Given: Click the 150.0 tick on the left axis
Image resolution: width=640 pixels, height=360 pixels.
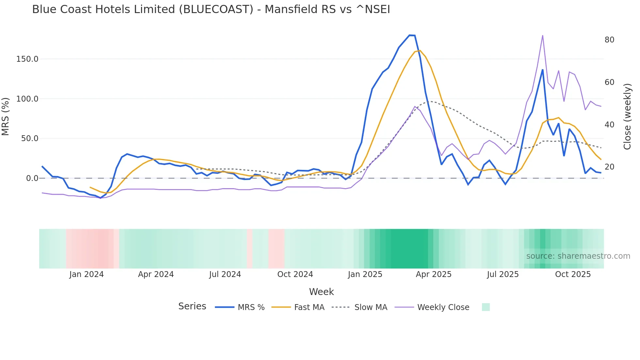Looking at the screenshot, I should [x=27, y=59].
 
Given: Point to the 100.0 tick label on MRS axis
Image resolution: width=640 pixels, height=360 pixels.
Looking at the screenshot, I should [x=27, y=99].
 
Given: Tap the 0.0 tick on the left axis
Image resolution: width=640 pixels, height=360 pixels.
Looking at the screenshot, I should [x=32, y=178].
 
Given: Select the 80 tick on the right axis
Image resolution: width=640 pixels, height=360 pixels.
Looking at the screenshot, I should [x=609, y=40].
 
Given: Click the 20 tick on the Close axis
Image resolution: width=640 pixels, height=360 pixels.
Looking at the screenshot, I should [x=609, y=167].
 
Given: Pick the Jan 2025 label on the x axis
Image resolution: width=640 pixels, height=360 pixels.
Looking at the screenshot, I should [x=365, y=274].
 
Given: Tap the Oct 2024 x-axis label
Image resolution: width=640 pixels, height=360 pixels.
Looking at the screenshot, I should [x=295, y=274].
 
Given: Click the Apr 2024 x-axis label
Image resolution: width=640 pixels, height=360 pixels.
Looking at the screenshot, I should [x=156, y=274].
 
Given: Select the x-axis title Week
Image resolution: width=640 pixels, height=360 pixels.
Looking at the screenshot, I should [x=321, y=292].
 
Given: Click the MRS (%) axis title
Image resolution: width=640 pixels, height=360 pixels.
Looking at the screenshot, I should [x=6, y=116].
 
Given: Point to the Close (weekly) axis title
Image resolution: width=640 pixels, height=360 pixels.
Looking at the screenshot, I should [x=627, y=116].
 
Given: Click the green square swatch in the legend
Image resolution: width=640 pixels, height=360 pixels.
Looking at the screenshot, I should [x=486, y=307].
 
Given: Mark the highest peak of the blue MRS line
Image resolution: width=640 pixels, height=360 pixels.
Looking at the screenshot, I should [x=412, y=35].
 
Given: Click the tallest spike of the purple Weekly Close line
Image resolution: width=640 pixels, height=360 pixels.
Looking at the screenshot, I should [x=542, y=35].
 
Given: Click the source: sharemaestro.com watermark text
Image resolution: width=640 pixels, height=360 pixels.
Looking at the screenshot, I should [x=578, y=256].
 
